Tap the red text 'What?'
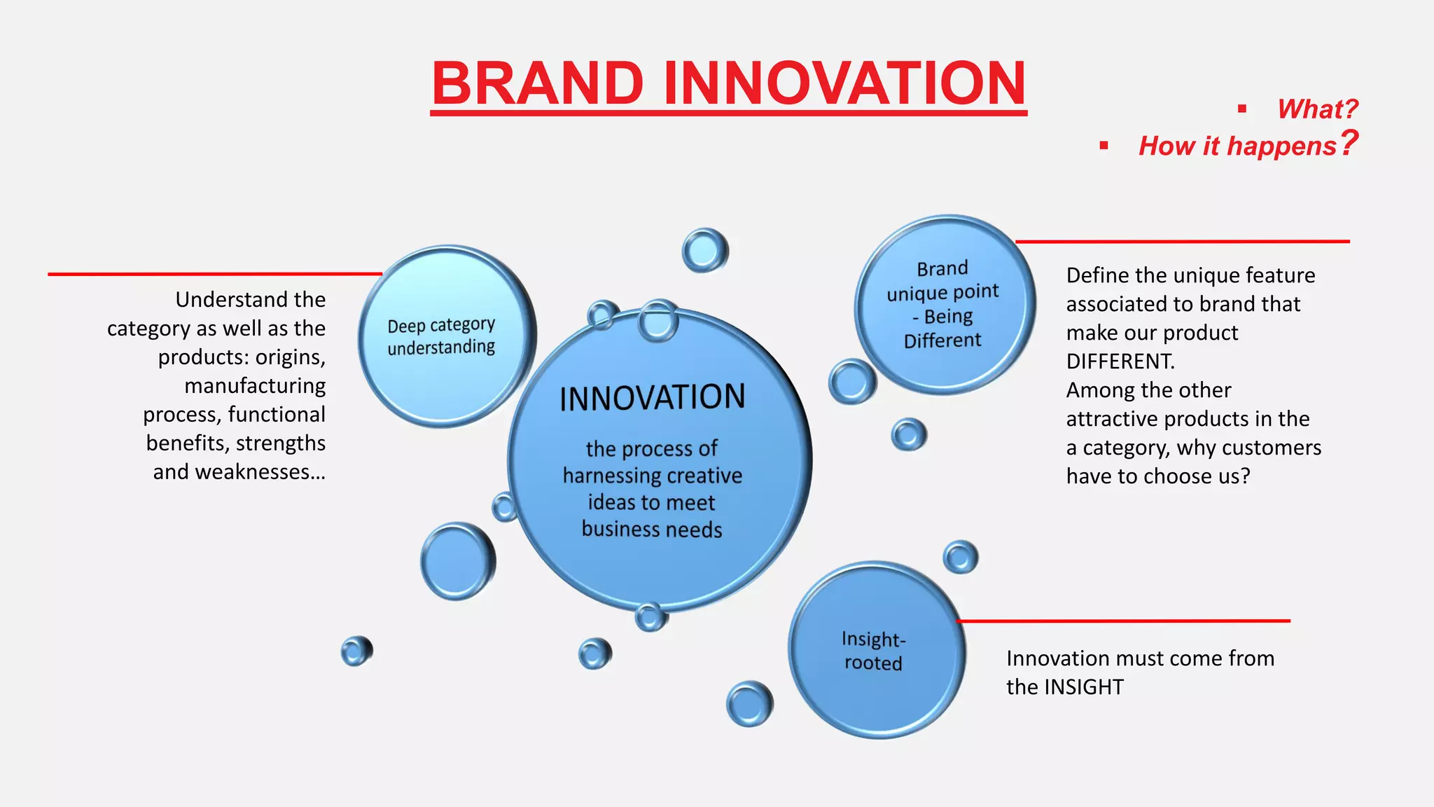pyautogui.click(x=1317, y=109)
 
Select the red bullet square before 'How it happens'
pyautogui.click(x=1104, y=146)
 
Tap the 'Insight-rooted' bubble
pyautogui.click(x=876, y=650)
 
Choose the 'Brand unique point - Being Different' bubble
pyautogui.click(x=943, y=305)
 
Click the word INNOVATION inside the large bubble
pyautogui.click(x=652, y=398)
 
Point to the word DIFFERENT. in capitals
pyautogui.click(x=1120, y=361)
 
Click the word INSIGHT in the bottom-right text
pyautogui.click(x=1084, y=687)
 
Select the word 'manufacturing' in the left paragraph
pyautogui.click(x=255, y=386)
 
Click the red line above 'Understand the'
pyautogui.click(x=210, y=274)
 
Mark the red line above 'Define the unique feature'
pyautogui.click(x=1183, y=242)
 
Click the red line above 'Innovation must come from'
pyautogui.click(x=1120, y=621)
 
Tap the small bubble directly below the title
pyautogui.click(x=704, y=250)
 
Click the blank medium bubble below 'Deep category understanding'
pyautogui.click(x=457, y=560)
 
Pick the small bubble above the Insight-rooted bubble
pyautogui.click(x=960, y=558)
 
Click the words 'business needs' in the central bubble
pyautogui.click(x=652, y=530)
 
